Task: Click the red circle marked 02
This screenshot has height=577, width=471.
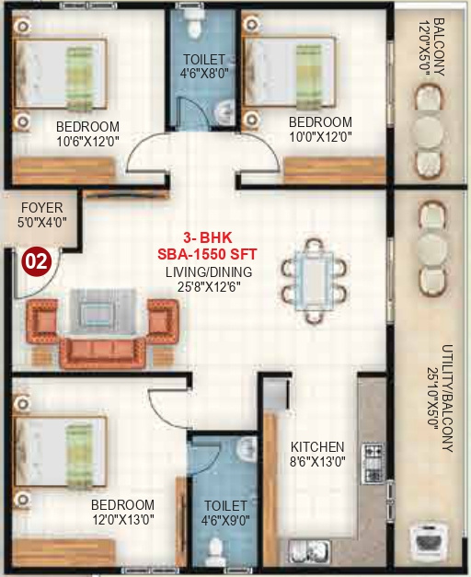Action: pos(36,260)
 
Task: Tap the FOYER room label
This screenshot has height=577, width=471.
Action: pos(41,208)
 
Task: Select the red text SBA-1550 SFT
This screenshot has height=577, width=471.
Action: pos(209,253)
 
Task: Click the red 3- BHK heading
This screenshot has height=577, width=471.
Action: pos(209,237)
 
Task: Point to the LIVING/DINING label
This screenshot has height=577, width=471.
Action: pos(209,272)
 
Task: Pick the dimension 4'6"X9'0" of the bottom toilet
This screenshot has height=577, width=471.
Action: pos(225,522)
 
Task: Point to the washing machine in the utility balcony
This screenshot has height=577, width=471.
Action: pos(428,542)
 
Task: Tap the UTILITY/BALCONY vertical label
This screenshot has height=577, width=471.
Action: pos(446,399)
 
